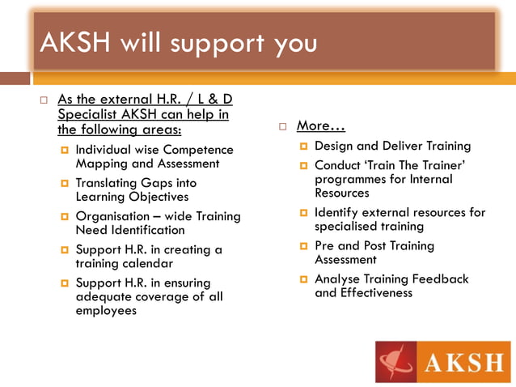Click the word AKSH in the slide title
75,42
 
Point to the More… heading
321,125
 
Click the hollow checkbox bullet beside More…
283,126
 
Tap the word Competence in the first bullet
198,150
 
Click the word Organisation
114,216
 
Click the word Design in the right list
333,147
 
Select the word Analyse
339,279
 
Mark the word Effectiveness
376,292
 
